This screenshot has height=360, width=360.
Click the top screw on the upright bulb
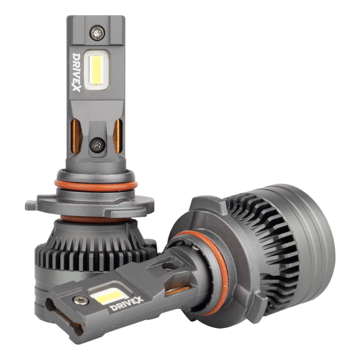(x=98, y=33)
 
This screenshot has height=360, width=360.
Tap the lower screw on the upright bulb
(x=98, y=145)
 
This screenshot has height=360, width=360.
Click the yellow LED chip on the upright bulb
(x=96, y=70)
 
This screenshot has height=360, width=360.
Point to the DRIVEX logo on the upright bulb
(x=76, y=72)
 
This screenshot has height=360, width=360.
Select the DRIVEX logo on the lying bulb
(x=126, y=304)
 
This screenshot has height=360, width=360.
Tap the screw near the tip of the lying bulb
(x=81, y=300)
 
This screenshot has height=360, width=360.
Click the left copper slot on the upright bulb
(x=76, y=136)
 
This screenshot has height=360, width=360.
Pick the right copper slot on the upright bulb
(x=118, y=136)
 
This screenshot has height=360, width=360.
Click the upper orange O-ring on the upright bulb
(x=96, y=185)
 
